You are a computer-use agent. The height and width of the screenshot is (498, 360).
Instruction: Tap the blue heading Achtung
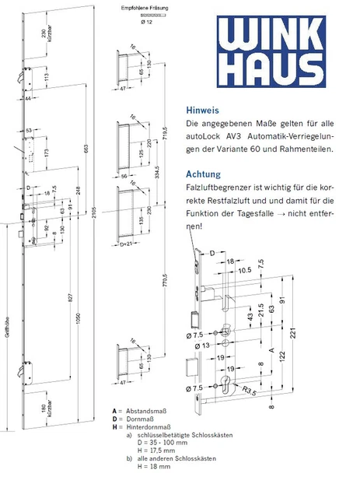pyautogui.click(x=204, y=174)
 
